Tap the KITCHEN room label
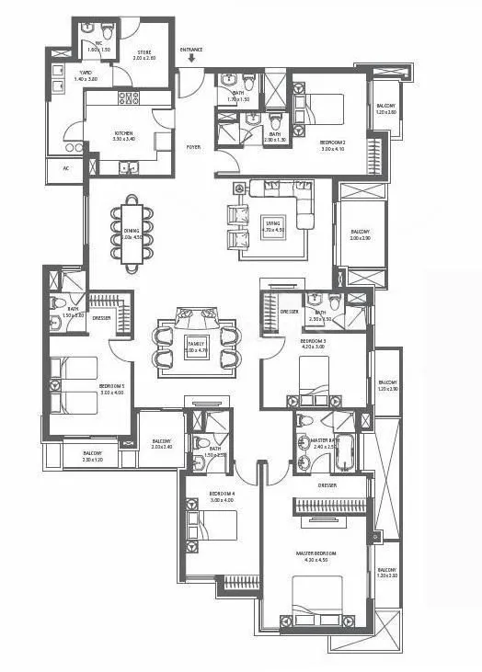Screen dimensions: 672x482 [123, 134]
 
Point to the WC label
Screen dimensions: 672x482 [97, 43]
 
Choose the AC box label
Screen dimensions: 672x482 [65, 168]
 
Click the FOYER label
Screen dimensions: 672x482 [193, 147]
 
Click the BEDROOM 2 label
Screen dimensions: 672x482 [333, 142]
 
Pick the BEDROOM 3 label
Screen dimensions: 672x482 [315, 342]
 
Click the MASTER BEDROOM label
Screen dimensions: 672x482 [316, 553]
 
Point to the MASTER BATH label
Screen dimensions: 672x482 [324, 441]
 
